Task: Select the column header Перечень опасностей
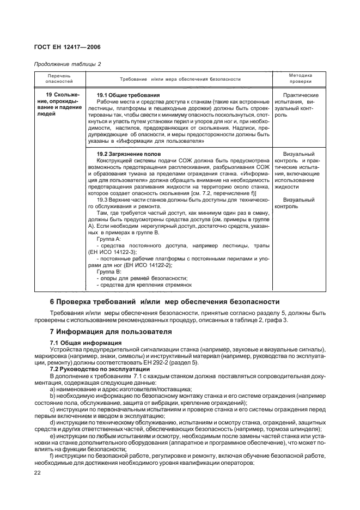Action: (x=60, y=78)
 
